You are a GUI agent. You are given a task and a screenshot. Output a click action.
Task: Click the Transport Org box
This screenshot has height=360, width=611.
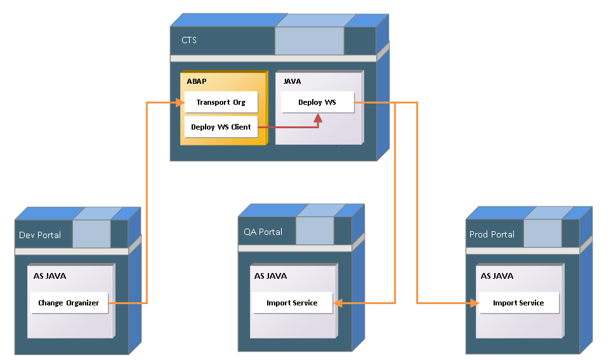click(x=221, y=102)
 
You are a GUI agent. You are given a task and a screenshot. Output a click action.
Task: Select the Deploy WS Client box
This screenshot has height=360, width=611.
click(x=221, y=127)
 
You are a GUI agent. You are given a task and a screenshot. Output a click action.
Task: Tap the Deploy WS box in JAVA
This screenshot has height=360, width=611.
click(x=317, y=102)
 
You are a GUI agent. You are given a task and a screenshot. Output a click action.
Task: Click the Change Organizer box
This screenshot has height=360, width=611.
click(x=69, y=303)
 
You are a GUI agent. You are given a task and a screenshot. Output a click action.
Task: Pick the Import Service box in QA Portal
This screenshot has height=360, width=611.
click(x=292, y=303)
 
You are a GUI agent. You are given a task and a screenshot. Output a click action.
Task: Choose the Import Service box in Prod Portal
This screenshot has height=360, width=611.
click(x=518, y=303)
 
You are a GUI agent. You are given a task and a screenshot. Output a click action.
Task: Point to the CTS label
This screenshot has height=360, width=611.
click(x=189, y=40)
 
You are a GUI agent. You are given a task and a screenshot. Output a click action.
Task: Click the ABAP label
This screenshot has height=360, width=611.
click(x=197, y=81)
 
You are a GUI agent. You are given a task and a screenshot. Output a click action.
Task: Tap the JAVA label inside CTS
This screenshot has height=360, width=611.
click(x=292, y=81)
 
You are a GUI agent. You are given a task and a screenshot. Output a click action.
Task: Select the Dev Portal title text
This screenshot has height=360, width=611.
click(x=40, y=235)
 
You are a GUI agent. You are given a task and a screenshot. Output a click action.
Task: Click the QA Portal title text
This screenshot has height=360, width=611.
click(x=263, y=232)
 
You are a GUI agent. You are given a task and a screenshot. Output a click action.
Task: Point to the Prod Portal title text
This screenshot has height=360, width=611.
click(x=492, y=234)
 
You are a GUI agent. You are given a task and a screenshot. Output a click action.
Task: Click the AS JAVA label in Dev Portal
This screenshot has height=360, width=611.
click(x=50, y=276)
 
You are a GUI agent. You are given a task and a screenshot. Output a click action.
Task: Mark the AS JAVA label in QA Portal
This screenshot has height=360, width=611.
click(x=270, y=276)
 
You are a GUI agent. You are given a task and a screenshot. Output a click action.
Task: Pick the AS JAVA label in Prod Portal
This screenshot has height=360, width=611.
click(x=497, y=276)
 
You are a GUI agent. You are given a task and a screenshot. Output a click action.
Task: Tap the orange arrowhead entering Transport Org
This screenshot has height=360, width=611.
click(x=179, y=102)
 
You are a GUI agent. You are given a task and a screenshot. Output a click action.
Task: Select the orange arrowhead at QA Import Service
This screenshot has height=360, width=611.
click(x=339, y=303)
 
